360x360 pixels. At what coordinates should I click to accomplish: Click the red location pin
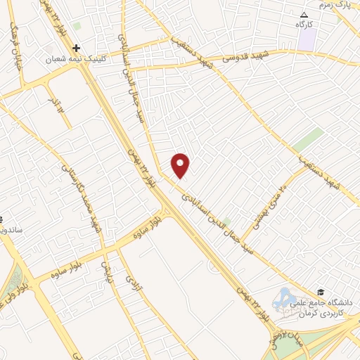tap(181, 165)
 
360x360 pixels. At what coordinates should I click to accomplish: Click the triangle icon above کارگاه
tap(304, 15)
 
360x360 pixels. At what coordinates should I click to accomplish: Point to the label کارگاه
tap(304, 25)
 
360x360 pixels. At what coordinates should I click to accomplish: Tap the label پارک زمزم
tap(334, 5)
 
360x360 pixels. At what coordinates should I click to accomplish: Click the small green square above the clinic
tap(77, 26)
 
